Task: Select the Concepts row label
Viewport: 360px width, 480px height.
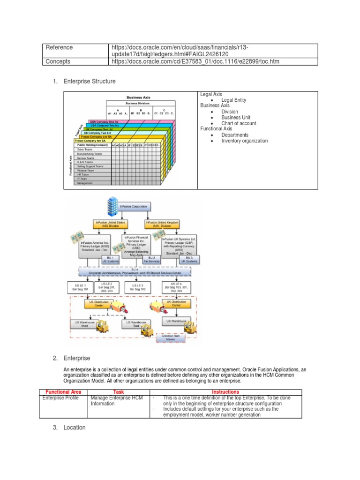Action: coord(58,61)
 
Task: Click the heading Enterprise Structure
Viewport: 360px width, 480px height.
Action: coord(89,82)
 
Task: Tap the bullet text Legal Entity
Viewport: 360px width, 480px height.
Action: coord(233,100)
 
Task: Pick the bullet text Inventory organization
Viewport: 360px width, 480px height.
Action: coord(245,141)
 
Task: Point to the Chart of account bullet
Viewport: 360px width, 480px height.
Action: coord(239,123)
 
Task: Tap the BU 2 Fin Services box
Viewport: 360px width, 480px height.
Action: coord(151,259)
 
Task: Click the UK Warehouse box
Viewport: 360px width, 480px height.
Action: coord(175,322)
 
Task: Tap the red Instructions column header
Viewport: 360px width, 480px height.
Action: coord(225,392)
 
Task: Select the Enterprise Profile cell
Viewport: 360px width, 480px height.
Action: coord(62,398)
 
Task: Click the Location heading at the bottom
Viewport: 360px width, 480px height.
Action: coord(75,427)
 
